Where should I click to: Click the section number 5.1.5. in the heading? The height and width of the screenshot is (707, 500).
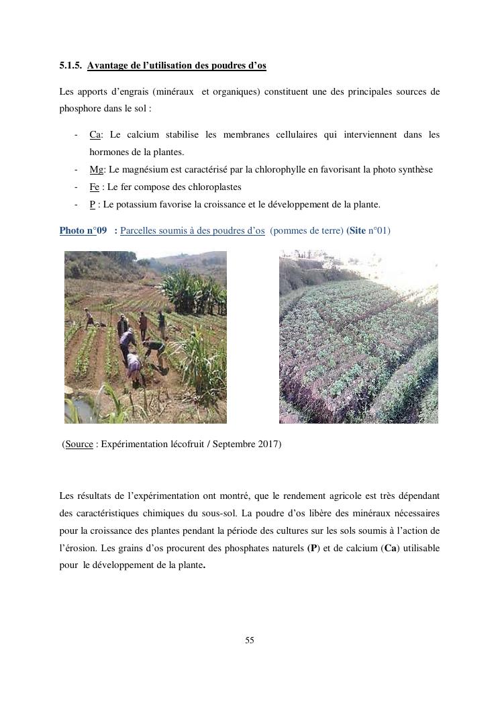70,65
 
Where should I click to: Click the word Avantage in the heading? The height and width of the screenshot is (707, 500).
109,65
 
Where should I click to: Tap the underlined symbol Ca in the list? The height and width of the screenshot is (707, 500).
95,134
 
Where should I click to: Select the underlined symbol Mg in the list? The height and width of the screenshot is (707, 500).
96,169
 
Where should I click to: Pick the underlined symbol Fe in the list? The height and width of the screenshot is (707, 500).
94,187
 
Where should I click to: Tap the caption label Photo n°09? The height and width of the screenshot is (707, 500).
83,230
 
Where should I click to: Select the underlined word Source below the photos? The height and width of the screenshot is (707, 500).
79,444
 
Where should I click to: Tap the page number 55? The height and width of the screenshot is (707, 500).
250,640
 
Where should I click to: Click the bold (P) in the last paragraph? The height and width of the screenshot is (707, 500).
313,548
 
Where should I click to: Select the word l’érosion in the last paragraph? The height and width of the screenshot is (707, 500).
77,548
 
